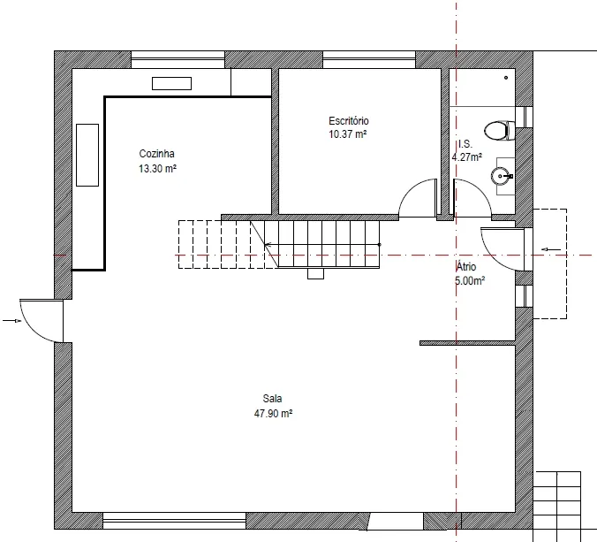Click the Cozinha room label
tap(156, 154)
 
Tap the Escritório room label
tap(348, 121)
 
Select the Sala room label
tap(272, 399)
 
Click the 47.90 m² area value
tap(273, 413)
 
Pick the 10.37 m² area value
tap(348, 134)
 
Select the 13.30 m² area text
tap(157, 169)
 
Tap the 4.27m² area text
tap(467, 156)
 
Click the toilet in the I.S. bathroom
tap(500, 130)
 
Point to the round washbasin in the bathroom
tap(500, 176)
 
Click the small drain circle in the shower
tap(506, 78)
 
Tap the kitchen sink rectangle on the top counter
tap(171, 83)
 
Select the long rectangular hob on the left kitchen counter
tap(87, 155)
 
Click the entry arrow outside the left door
tap(11, 321)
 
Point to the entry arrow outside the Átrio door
tap(551, 249)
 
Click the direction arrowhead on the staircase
tap(267, 245)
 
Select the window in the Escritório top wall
tap(369, 60)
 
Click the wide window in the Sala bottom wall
tap(174, 521)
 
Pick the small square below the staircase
tap(315, 274)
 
